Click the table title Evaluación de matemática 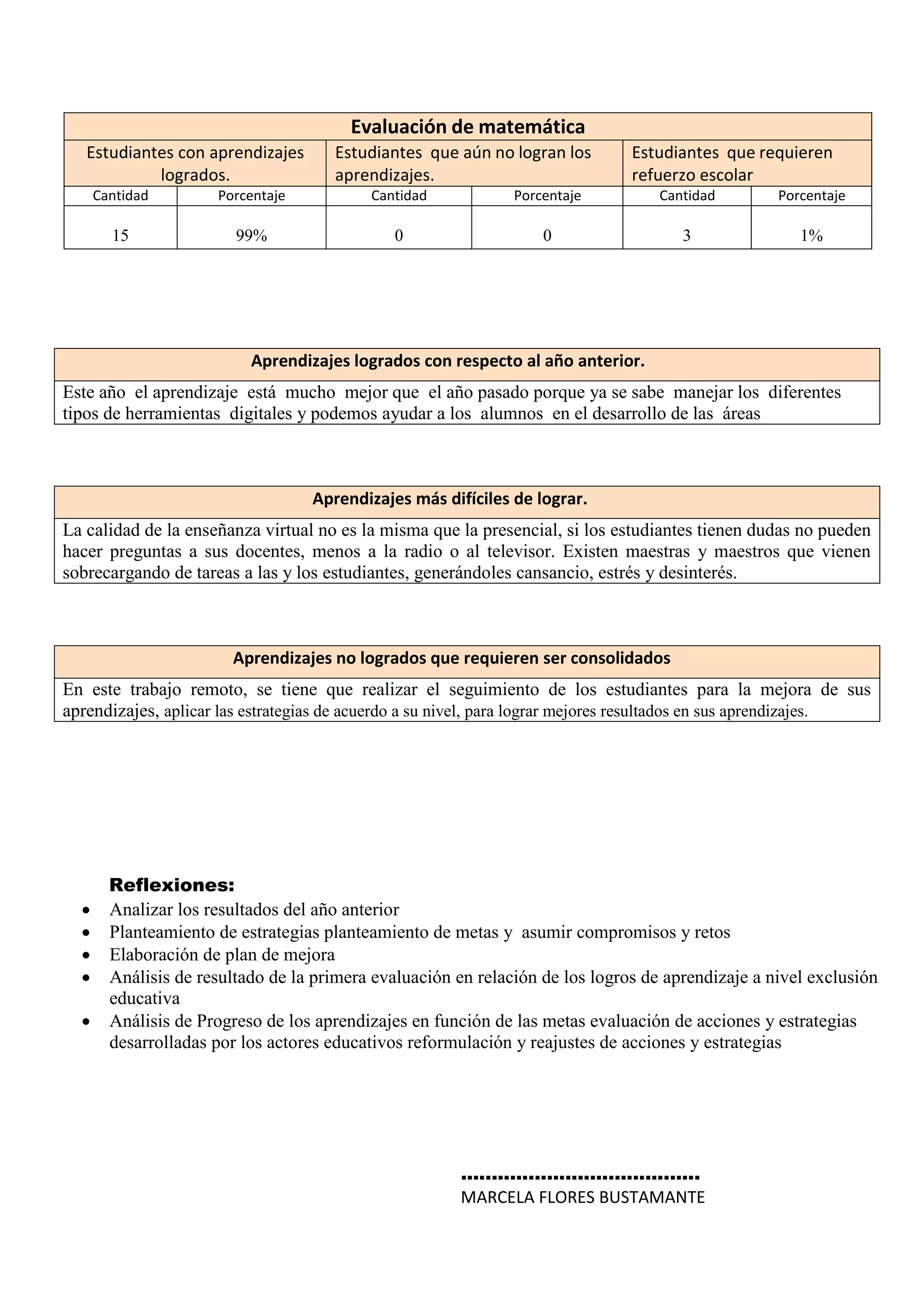[x=467, y=127]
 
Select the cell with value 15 [x=120, y=236]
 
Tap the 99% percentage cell [x=251, y=236]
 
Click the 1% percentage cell [x=811, y=236]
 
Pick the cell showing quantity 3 [x=686, y=236]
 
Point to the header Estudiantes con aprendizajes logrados [x=195, y=163]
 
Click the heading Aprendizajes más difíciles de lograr [x=450, y=499]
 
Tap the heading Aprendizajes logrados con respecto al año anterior [x=448, y=361]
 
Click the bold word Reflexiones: [x=171, y=885]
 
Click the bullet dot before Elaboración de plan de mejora [x=86, y=955]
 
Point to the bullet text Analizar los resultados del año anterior [x=254, y=910]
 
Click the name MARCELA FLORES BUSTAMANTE [x=583, y=1198]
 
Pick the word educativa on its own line [x=145, y=999]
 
